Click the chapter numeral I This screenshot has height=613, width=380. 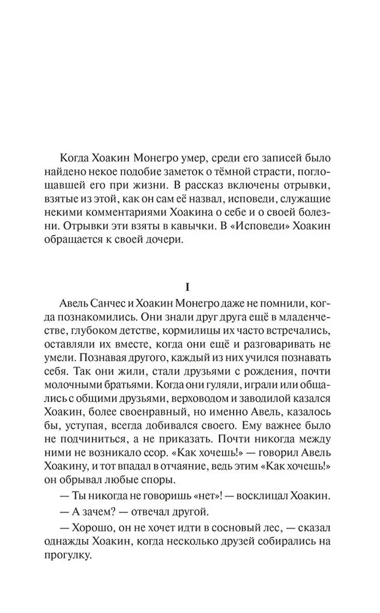[x=191, y=287]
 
